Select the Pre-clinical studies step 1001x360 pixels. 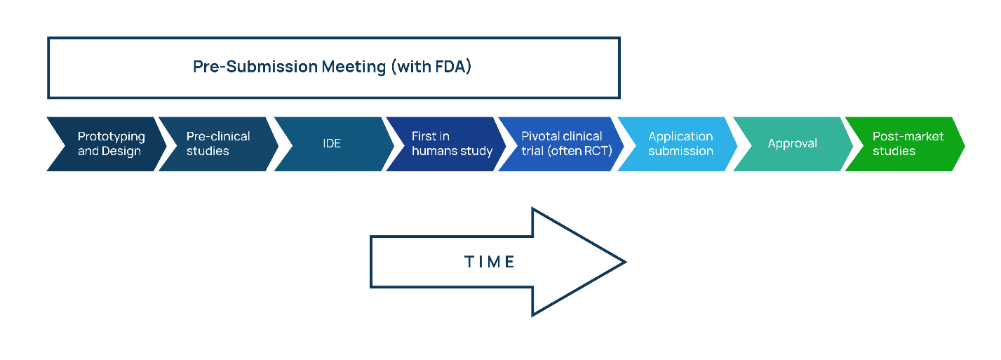[x=217, y=144]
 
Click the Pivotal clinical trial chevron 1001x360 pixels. [x=561, y=144]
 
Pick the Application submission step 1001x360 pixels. [x=679, y=144]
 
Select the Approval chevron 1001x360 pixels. [x=792, y=144]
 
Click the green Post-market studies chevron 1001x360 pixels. [x=906, y=144]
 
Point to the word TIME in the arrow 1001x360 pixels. [x=490, y=262]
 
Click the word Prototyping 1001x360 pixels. [x=111, y=137]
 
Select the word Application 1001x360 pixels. [x=680, y=136]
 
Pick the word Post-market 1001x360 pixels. [x=908, y=136]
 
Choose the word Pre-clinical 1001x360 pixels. [x=218, y=136]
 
